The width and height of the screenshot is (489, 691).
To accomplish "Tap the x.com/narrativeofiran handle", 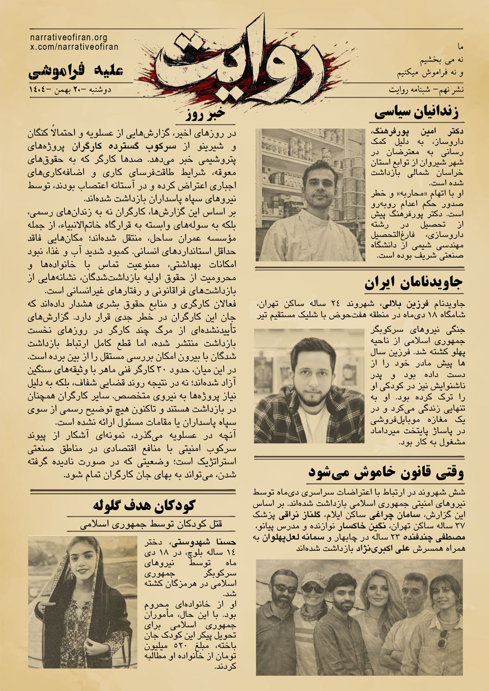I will point(73,47).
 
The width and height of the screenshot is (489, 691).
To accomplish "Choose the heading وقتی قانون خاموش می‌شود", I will point(385,472).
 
